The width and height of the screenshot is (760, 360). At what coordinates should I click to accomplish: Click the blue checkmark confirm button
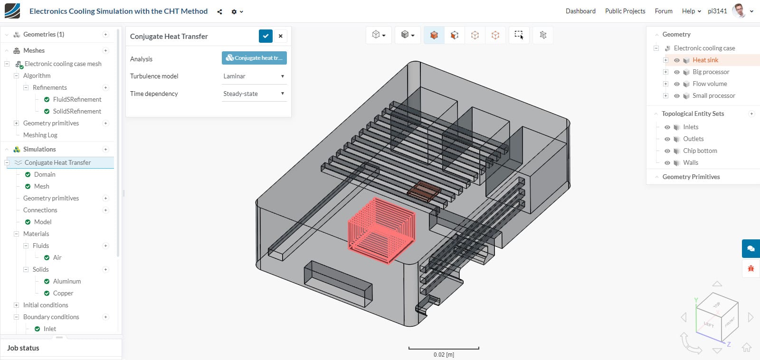[266, 36]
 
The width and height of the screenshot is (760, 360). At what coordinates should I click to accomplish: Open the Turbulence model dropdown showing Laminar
[254, 76]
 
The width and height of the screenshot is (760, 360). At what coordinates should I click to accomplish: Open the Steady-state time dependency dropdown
[254, 94]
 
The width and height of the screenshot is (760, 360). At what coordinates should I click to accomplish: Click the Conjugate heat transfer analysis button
[254, 58]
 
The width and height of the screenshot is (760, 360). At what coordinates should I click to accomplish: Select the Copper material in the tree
[63, 293]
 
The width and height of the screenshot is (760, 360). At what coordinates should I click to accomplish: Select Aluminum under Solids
[66, 281]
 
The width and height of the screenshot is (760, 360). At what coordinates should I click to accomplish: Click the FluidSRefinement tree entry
[77, 99]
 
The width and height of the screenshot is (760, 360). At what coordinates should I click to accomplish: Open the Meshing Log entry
[40, 135]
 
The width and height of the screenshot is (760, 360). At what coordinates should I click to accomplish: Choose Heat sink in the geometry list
[705, 60]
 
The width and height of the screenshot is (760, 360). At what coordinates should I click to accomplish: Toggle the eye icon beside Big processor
[676, 72]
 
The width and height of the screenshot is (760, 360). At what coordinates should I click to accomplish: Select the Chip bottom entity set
[700, 151]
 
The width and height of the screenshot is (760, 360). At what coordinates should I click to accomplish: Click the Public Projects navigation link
[625, 11]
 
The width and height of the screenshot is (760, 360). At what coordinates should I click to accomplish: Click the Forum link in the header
[663, 11]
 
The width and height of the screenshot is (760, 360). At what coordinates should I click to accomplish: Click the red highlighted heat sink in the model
[381, 229]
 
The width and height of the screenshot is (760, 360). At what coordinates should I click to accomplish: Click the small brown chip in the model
[424, 191]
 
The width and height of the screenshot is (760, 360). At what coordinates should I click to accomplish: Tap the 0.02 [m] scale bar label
[443, 355]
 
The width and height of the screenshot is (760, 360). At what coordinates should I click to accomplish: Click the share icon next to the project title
[219, 11]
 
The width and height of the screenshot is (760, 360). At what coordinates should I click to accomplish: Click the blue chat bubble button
[750, 248]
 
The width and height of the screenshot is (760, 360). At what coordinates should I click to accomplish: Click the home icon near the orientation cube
[746, 347]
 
